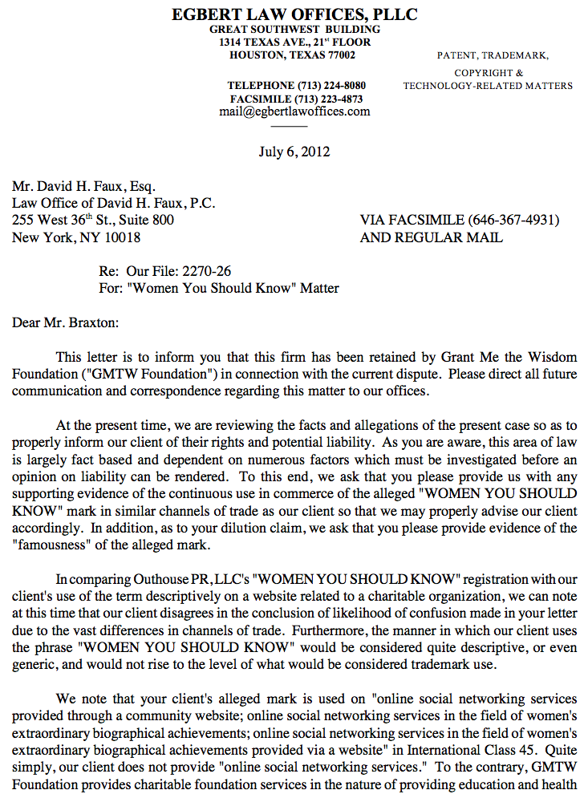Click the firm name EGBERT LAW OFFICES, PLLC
(294, 14)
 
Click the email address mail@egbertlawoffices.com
(294, 111)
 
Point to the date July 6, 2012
(294, 152)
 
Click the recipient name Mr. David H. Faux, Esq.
(83, 186)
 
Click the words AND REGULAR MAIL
(432, 237)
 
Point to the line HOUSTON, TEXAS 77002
(292, 55)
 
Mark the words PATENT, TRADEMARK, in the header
(493, 55)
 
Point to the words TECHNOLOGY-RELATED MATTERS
(488, 86)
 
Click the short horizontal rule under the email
(294, 126)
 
